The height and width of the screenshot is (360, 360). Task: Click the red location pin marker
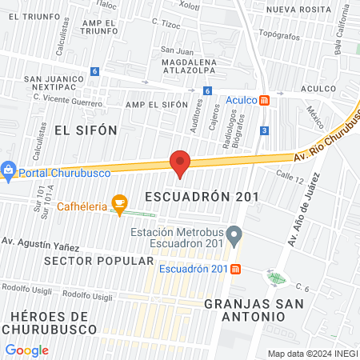tap(180, 164)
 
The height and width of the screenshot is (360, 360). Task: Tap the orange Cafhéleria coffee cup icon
tap(119, 205)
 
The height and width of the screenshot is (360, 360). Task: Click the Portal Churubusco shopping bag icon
tap(8, 170)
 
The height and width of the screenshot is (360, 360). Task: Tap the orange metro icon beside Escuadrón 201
tap(236, 269)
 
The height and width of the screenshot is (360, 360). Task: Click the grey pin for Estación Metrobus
tap(234, 237)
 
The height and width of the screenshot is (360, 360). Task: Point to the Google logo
tap(26, 350)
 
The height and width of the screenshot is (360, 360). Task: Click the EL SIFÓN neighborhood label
tap(86, 130)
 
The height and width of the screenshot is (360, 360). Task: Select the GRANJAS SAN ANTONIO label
tap(244, 310)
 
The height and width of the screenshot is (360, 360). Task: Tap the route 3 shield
tap(264, 130)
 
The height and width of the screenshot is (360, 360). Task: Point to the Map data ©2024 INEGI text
tap(311, 353)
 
